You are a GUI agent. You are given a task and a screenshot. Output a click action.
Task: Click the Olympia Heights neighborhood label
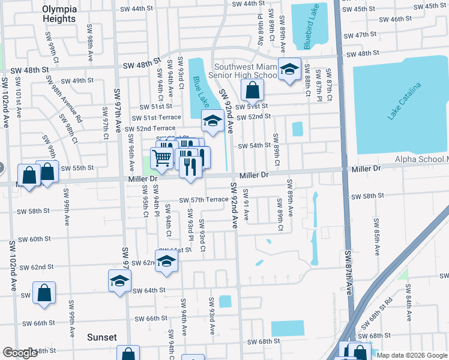tap(59, 14)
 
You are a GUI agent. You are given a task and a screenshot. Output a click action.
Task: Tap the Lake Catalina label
tap(405, 101)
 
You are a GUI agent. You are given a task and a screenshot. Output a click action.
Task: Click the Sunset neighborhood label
tap(101, 337)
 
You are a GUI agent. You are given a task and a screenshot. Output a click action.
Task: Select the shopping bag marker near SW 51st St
tap(253, 91)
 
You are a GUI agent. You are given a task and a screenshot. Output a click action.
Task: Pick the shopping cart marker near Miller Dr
tap(161, 158)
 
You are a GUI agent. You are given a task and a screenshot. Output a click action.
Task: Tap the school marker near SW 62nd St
tap(167, 260)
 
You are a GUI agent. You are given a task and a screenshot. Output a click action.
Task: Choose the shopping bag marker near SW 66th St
tap(45, 294)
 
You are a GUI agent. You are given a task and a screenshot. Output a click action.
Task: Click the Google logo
tap(20, 353)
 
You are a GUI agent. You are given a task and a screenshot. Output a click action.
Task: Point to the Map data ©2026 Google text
tap(412, 355)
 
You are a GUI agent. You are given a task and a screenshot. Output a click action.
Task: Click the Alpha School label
tap(421, 159)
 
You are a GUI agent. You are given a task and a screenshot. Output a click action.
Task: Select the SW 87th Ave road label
tap(348, 272)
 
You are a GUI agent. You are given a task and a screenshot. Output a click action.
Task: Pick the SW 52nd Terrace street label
tap(148, 128)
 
